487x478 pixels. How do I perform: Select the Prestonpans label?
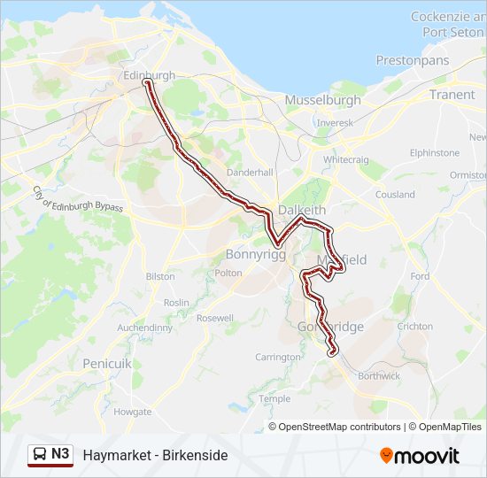point(412,60)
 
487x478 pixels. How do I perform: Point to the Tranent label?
point(452,94)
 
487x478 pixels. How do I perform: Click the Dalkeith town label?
point(302,210)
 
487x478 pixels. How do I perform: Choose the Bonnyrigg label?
point(253,254)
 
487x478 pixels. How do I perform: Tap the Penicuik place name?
point(106,363)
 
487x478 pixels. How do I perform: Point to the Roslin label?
point(176,302)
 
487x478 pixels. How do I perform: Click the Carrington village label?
point(278,357)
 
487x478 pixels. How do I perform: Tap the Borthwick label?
point(378,375)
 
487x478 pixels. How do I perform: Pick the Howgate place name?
point(133,412)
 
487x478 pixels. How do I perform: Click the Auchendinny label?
point(146,328)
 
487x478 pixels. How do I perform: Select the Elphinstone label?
point(435,152)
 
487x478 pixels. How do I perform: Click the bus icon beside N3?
point(39,455)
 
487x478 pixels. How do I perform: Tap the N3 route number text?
point(60,454)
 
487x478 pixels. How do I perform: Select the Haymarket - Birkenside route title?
point(155,455)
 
